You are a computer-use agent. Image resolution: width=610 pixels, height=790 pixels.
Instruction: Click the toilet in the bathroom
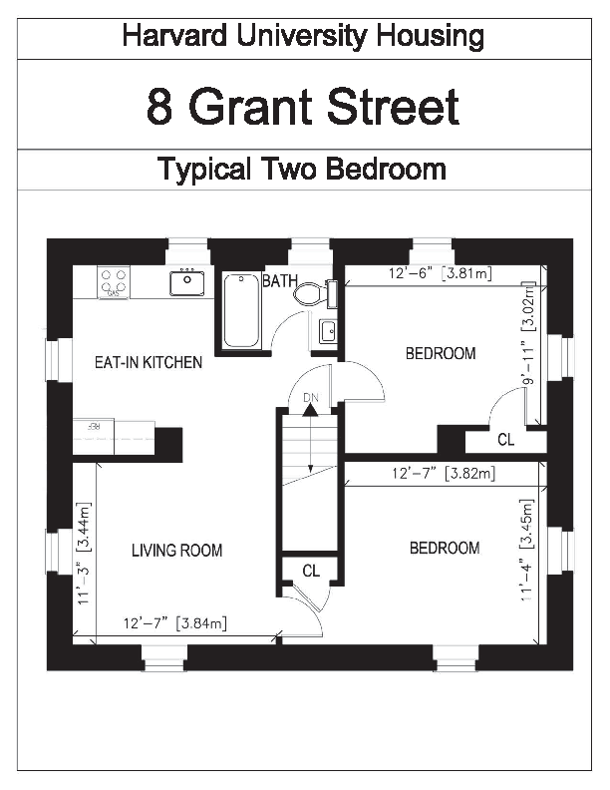click(x=315, y=293)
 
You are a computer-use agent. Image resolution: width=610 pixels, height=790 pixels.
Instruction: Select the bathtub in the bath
click(x=241, y=310)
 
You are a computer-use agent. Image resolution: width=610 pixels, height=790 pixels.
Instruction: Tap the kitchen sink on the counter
click(x=187, y=282)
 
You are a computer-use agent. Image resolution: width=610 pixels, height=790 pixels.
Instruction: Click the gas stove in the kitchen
click(x=114, y=282)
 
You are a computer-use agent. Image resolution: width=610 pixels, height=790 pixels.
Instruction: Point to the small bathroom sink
click(x=328, y=331)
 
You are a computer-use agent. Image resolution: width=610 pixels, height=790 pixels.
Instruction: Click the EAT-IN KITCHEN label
click(x=149, y=362)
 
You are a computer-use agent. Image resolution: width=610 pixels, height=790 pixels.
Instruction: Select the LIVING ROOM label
click(x=177, y=550)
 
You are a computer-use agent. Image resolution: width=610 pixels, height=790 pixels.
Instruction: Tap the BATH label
click(x=280, y=280)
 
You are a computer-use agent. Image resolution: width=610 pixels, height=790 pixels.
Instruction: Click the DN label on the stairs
click(x=311, y=398)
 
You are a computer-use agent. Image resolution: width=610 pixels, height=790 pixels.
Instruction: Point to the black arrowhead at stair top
click(x=311, y=410)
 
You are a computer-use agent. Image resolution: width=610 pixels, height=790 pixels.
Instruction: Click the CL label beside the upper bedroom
click(x=505, y=440)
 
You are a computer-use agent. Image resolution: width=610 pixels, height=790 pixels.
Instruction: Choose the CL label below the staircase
click(x=311, y=571)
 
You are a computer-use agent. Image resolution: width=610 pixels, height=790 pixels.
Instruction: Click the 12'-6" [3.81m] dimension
click(x=441, y=273)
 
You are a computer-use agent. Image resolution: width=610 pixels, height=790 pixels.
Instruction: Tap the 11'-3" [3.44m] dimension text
click(x=83, y=554)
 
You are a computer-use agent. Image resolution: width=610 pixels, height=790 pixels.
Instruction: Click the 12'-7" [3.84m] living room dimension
click(x=175, y=623)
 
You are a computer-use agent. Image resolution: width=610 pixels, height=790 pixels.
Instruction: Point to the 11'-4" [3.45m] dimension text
click(x=526, y=550)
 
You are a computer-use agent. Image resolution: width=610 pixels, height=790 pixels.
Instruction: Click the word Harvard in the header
click(x=174, y=37)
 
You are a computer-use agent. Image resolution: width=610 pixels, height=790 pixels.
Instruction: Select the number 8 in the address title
click(x=159, y=107)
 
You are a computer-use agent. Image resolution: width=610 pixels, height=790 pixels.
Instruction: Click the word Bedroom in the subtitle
click(x=386, y=169)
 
